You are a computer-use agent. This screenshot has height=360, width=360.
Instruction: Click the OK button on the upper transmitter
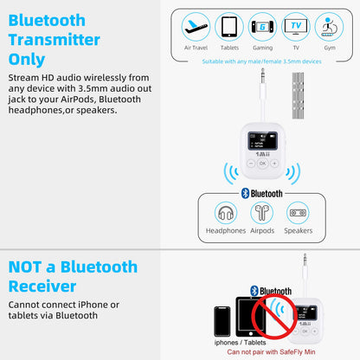coord(262,163)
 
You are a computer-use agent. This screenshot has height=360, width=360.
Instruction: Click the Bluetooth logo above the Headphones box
coord(245,194)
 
